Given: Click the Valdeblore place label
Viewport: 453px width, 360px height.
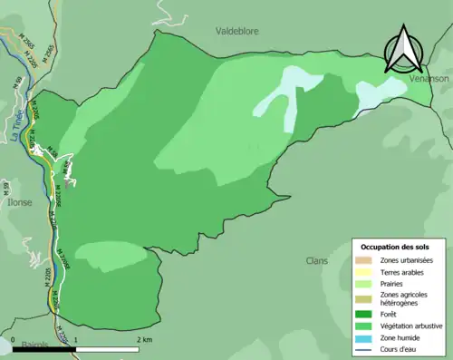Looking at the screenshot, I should coord(238,30).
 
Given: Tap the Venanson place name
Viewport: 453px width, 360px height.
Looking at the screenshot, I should coord(429,79).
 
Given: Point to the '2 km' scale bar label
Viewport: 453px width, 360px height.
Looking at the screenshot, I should coord(143,339).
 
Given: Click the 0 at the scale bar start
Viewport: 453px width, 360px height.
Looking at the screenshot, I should coord(14,339).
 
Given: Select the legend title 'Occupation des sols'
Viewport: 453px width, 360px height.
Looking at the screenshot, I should coord(401,247).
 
